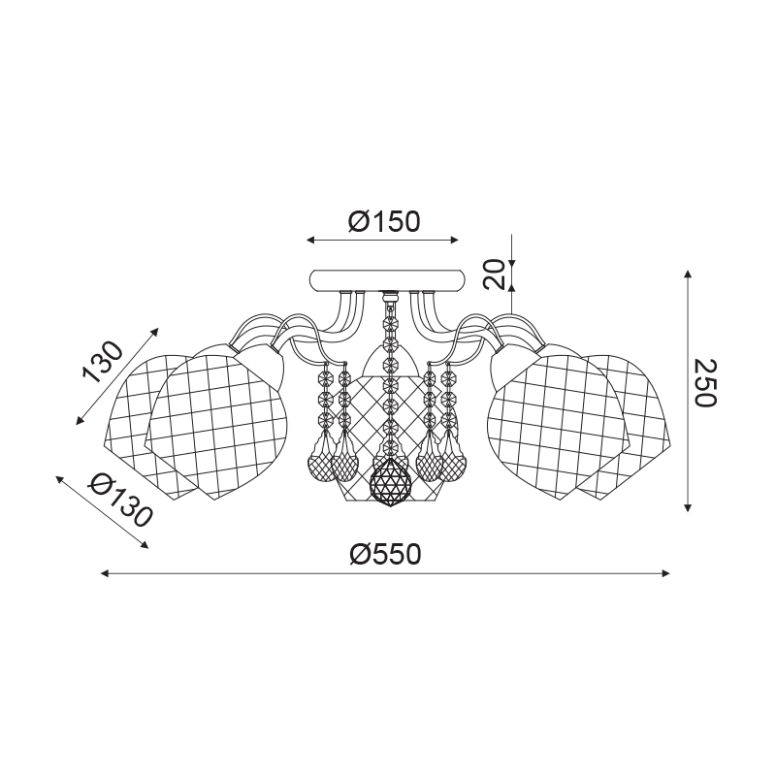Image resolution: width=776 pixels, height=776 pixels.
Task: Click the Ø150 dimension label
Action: [384, 221]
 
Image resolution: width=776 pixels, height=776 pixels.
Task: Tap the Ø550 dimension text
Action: [385, 554]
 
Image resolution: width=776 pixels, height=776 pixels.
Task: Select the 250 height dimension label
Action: [705, 383]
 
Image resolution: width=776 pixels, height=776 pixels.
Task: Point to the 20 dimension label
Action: [494, 274]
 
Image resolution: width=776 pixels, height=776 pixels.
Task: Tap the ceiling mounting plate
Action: [387, 279]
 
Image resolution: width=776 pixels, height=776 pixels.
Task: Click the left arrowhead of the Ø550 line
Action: [105, 573]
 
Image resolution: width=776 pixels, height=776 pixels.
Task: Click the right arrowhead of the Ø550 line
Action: [665, 573]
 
